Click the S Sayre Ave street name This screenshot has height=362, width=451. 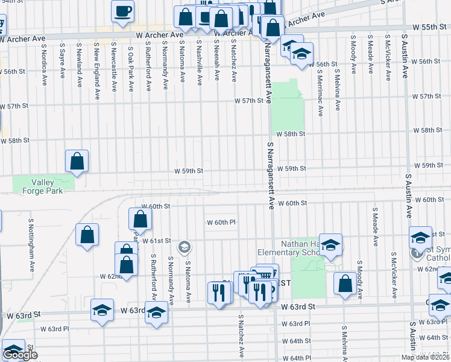62,60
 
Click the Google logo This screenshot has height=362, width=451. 20,355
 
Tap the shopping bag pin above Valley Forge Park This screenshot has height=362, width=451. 77,160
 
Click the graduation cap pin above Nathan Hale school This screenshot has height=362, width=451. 330,244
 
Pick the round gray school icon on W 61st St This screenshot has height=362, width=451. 184,247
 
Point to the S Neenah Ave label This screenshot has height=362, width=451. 216,63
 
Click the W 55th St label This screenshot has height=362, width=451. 429,28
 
